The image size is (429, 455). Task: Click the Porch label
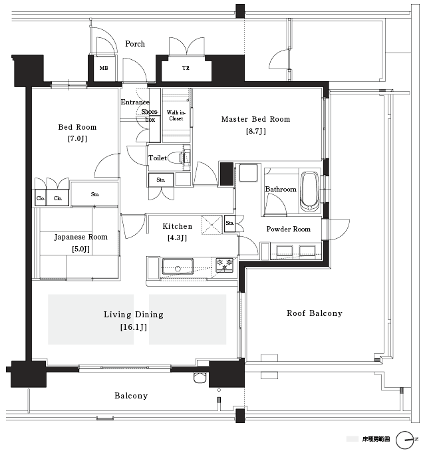coord(135,44)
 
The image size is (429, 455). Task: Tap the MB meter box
coord(104,68)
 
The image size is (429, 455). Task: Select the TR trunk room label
coord(186,68)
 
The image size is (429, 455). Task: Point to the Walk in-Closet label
coord(176,116)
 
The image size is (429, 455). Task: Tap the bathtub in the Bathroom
coord(310,191)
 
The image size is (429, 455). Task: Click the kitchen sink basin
coord(178,266)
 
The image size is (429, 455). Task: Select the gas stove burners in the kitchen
coord(225,265)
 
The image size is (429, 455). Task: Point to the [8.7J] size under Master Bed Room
coord(256,132)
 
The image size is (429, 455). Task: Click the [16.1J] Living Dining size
coord(134,327)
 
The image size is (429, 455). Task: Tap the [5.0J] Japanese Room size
coord(80,249)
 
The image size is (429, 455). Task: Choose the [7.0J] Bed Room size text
coord(77,138)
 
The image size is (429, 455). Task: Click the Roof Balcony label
coord(315,313)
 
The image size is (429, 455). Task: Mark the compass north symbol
coord(405,440)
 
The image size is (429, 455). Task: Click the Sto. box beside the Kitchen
coord(229,223)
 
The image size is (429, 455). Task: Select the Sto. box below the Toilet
coord(161,180)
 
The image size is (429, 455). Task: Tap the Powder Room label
coord(288,229)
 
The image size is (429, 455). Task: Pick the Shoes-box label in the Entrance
coord(150,116)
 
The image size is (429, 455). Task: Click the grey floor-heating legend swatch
coord(353,439)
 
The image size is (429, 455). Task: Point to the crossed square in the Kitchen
coord(212,224)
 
